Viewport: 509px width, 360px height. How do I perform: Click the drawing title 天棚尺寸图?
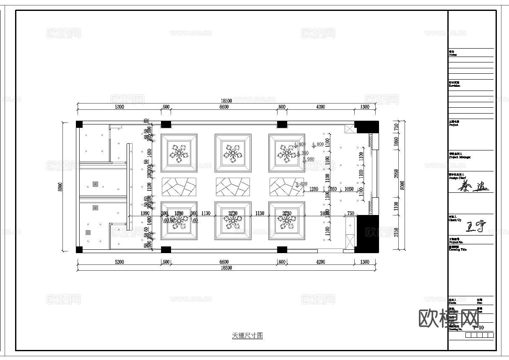click(247, 336)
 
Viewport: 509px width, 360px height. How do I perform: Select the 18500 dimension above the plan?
click(226, 101)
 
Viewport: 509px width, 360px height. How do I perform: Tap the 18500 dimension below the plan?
click(226, 268)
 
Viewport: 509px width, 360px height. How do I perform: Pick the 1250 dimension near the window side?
click(314, 189)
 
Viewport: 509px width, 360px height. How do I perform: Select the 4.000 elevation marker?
click(318, 144)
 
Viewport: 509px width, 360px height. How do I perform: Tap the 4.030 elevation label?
click(301, 184)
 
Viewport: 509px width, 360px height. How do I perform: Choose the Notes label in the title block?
click(452, 54)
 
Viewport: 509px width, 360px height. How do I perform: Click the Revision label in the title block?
click(454, 85)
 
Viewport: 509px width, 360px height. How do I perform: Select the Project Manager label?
click(459, 157)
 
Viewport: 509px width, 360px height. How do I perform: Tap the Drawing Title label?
click(457, 249)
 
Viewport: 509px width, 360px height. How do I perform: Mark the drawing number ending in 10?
click(478, 328)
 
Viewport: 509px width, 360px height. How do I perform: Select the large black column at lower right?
click(367, 234)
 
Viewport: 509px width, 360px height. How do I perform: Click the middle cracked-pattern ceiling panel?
click(233, 186)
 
